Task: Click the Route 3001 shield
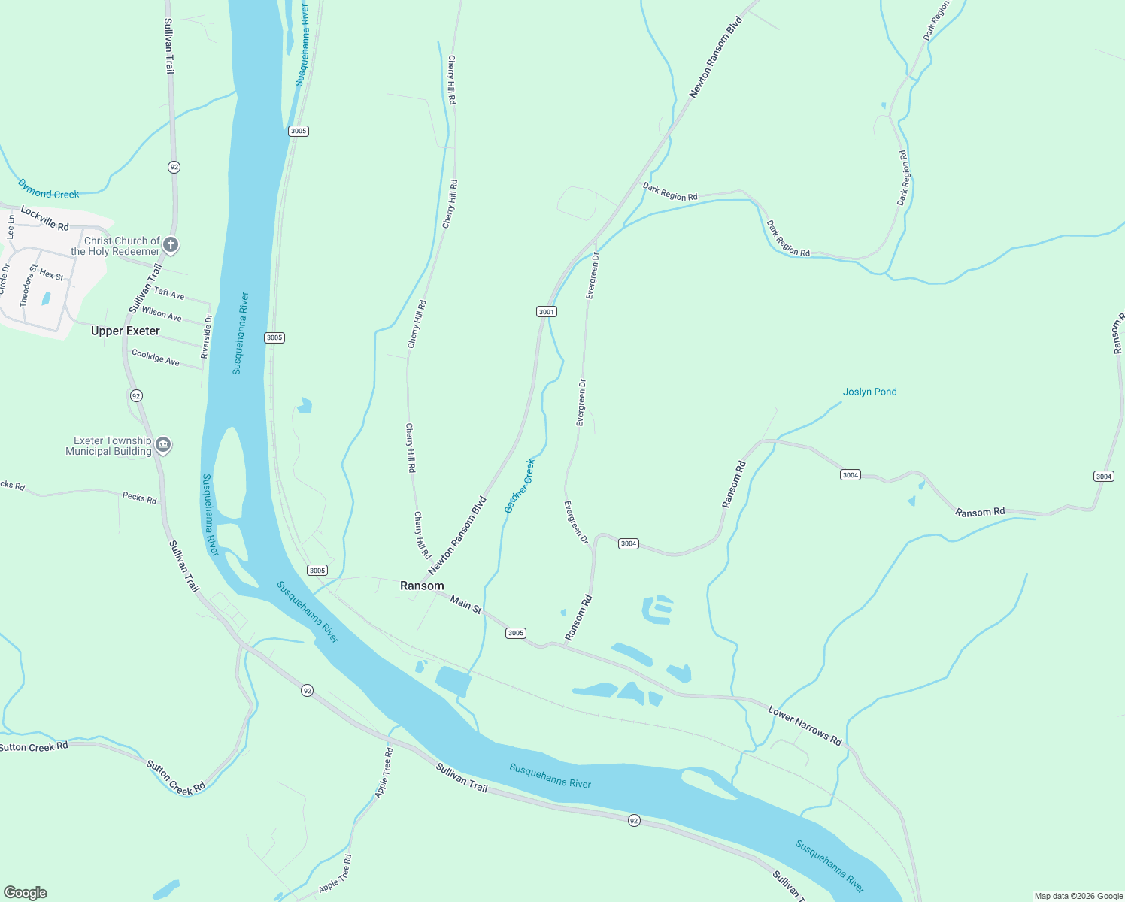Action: click(546, 312)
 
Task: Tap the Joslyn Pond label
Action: click(869, 392)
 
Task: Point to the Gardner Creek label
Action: click(520, 486)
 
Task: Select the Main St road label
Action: click(465, 604)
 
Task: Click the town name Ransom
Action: click(422, 586)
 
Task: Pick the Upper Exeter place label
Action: click(126, 331)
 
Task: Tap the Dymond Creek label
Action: click(48, 189)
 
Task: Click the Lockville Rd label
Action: click(44, 218)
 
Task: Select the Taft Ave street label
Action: click(169, 293)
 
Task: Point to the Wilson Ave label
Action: click(162, 313)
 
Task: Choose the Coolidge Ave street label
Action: click(156, 357)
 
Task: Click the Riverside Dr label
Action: click(207, 336)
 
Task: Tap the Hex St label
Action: click(52, 274)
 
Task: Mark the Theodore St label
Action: click(28, 285)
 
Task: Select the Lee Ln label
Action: click(11, 226)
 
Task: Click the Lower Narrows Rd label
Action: click(805, 725)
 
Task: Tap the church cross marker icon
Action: click(171, 245)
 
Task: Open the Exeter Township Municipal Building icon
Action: click(163, 446)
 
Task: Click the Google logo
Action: click(26, 893)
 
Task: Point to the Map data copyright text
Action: click(1078, 896)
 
